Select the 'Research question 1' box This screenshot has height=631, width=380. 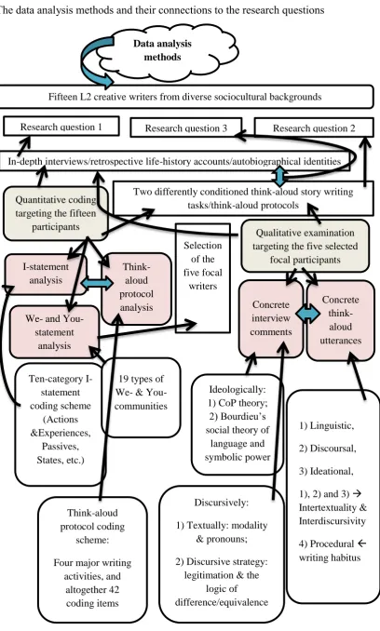[61, 127]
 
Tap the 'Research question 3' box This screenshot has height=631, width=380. [186, 128]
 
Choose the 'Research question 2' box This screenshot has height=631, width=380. [314, 128]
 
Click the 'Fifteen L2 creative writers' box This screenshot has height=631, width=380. [184, 97]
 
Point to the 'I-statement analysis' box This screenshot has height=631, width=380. [46, 274]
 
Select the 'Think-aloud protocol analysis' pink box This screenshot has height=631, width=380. [136, 288]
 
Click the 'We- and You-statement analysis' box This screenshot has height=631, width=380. [54, 332]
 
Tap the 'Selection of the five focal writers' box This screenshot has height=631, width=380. [203, 278]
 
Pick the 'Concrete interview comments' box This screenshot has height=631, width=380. [271, 318]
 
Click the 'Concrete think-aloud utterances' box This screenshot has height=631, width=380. [341, 320]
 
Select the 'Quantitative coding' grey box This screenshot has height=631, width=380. [56, 213]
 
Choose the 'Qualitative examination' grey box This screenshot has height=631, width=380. [305, 246]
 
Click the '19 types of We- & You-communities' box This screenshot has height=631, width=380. [141, 396]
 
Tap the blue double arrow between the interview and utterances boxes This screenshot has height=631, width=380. [308, 315]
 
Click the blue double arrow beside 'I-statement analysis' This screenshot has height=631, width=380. [98, 284]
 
